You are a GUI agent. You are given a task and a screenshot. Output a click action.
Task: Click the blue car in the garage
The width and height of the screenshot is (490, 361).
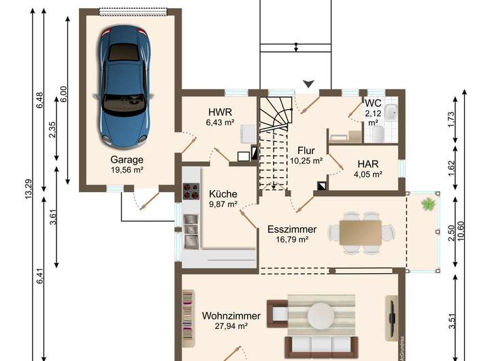pos(125,87)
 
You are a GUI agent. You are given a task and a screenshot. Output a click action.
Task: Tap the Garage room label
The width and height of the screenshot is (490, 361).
pos(127,159)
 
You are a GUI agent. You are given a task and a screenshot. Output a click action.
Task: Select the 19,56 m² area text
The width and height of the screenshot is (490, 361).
pos(127,170)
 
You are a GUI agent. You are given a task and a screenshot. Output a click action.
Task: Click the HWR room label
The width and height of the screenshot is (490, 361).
pos(220,112)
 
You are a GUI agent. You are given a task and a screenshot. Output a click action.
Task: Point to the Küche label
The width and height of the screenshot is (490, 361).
pos(223,194)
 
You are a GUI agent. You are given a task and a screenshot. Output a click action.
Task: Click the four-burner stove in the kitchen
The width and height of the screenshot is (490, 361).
pos(191,191)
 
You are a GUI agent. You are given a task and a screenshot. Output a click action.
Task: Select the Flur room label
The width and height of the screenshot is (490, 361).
pos(306,151)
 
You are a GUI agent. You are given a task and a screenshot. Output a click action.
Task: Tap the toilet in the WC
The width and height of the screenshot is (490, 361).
pos(378,134)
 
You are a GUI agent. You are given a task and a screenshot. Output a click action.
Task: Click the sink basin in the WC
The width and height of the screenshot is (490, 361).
pos(391,112)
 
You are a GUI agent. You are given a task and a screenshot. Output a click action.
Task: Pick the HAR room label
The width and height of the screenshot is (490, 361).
pos(368,164)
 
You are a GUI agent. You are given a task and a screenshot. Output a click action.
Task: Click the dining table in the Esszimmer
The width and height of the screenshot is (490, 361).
pos(361,233)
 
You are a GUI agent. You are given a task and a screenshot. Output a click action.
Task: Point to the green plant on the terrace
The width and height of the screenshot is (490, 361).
pos(429,204)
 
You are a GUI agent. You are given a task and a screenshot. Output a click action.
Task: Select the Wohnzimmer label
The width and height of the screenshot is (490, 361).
pos(231,315)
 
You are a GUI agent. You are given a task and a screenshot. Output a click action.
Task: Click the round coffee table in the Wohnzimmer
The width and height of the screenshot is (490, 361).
pos(321,316)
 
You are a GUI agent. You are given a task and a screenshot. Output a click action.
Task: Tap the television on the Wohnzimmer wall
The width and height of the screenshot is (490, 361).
pos(391,317)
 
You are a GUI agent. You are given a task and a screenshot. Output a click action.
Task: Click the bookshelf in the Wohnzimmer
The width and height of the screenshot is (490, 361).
pos(188,319)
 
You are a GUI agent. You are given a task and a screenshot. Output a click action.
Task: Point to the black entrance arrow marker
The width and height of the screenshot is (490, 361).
pos(309,84)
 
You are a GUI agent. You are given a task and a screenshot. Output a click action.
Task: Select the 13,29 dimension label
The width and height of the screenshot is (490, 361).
pos(29,189)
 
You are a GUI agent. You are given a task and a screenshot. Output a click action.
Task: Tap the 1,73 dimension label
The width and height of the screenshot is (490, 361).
pos(451,119)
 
